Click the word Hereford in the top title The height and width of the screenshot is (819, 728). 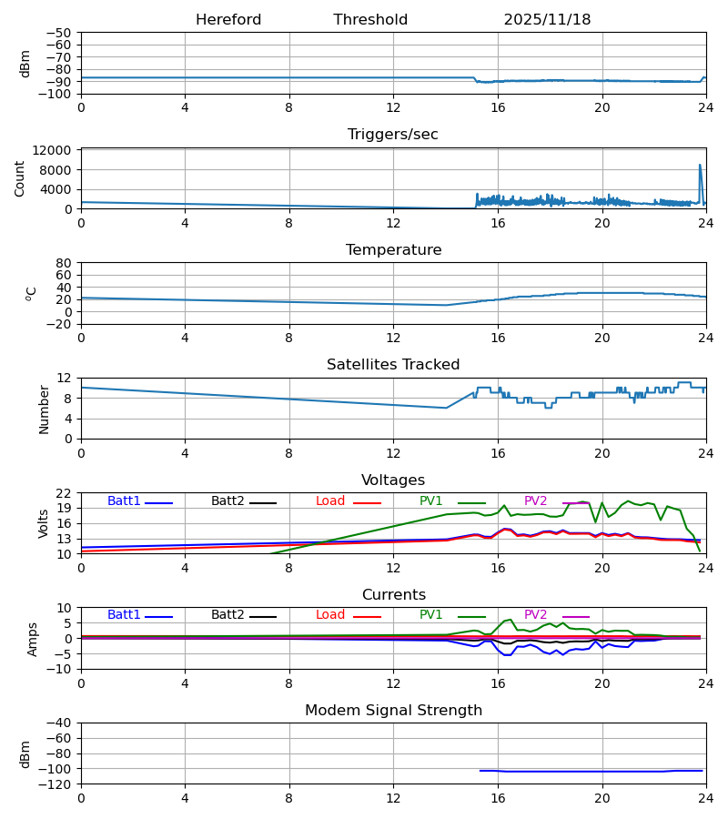tap(228, 20)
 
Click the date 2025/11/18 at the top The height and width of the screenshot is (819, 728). tap(547, 20)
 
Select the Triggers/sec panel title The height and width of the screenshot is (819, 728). tap(393, 135)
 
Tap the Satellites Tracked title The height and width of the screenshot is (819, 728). tap(393, 365)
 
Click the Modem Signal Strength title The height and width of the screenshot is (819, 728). tap(393, 711)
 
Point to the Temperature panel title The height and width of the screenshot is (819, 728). tap(393, 250)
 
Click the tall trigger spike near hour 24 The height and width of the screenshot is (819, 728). tap(700, 167)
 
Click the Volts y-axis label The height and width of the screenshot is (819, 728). tap(44, 523)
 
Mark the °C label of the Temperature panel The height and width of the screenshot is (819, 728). tap(31, 293)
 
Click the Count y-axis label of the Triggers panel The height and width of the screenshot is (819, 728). tap(20, 178)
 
